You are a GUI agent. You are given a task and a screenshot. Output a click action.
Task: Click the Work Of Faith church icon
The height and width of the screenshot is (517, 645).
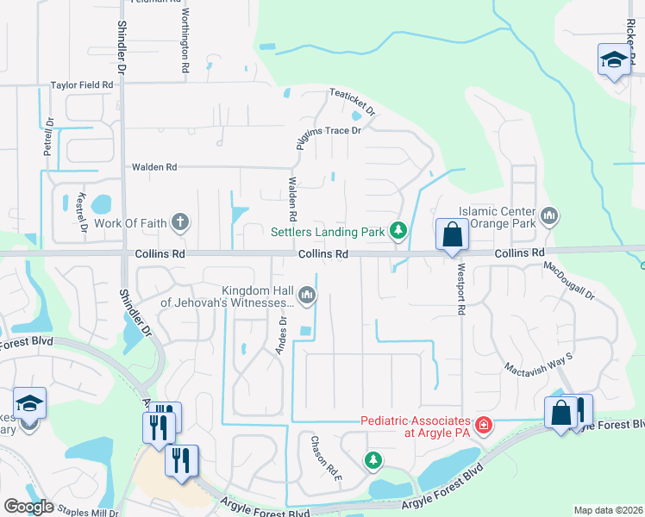pos(180,223)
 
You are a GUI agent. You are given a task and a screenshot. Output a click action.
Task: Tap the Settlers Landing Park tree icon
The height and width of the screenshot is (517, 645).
pos(398,231)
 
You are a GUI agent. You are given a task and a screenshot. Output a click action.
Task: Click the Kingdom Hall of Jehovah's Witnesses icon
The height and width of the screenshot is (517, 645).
pos(307,296)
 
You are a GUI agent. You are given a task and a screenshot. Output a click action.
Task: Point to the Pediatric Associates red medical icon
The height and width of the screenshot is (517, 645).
pos(484,426)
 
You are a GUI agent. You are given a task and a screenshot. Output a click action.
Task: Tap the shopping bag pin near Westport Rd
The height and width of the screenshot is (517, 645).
pos(452,234)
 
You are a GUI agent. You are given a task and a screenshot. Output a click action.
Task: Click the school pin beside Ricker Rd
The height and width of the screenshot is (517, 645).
pos(613,60)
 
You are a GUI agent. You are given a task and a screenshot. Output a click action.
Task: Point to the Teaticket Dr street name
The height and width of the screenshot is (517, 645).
pos(353,101)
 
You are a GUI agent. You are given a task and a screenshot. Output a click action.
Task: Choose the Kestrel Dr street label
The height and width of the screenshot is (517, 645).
pos(84,213)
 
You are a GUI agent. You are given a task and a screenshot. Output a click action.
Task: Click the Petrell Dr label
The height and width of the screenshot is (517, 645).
pos(48,136)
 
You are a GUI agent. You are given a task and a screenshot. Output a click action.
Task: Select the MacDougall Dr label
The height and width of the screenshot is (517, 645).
pos(569,281)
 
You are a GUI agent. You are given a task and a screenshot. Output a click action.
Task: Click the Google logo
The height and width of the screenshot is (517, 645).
pos(28,507)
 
